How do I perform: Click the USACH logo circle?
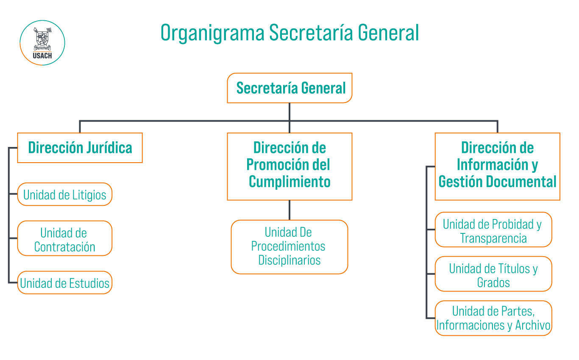[42, 43]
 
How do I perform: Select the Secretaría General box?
[289, 88]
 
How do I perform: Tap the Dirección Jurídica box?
[80, 148]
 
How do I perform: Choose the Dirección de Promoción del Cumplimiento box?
[289, 166]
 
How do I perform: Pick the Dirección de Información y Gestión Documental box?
[497, 166]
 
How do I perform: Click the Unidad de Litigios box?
[64, 194]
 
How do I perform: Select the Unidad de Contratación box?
[64, 238]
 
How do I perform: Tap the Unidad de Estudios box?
[64, 282]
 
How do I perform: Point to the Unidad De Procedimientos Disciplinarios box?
[289, 247]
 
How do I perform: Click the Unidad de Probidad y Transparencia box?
[493, 230]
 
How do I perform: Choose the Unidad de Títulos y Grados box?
[493, 274]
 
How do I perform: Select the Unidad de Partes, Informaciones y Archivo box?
[493, 318]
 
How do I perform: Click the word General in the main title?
[388, 33]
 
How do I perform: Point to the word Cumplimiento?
[289, 182]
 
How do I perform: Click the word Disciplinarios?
[289, 260]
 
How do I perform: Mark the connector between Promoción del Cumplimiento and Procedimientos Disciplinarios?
[289, 210]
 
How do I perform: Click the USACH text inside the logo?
[42, 55]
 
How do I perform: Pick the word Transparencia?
[493, 238]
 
